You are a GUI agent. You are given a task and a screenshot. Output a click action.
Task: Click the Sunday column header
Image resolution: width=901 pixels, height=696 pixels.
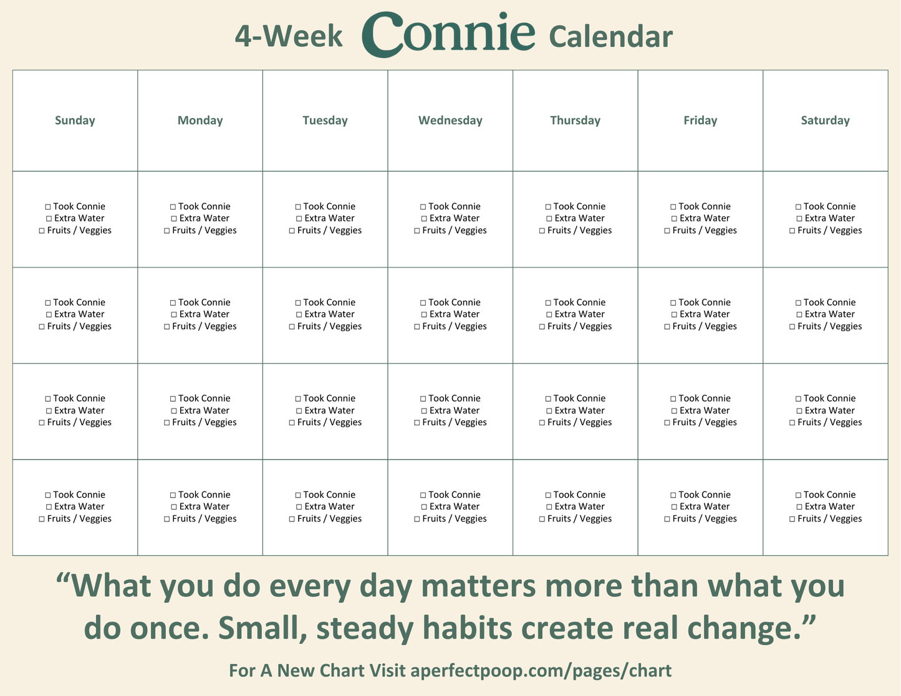[75, 120]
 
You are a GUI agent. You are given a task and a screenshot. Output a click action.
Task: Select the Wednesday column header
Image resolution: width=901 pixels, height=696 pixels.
[450, 120]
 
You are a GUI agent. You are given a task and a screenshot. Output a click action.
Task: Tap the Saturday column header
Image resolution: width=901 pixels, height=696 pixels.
[825, 120]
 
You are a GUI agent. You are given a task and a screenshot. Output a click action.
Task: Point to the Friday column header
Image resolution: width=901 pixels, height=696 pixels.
[700, 120]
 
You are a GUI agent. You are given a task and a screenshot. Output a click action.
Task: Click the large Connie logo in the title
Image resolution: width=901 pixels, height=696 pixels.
[448, 35]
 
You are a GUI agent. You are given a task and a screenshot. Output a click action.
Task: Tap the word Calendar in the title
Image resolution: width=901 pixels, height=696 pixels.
[610, 37]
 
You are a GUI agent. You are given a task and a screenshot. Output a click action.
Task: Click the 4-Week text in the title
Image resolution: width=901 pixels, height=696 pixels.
[289, 36]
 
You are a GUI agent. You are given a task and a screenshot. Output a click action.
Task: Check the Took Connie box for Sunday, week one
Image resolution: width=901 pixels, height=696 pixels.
[48, 207]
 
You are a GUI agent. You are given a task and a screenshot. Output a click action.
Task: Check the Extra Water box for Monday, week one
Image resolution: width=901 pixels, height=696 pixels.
[174, 219]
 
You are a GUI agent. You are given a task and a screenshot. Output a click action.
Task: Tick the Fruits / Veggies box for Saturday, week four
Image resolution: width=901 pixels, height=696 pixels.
[792, 519]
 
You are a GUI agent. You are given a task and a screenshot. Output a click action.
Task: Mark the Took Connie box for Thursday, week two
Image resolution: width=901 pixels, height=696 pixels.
[548, 303]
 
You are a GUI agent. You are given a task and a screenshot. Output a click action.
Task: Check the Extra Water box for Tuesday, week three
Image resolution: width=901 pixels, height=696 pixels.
[299, 411]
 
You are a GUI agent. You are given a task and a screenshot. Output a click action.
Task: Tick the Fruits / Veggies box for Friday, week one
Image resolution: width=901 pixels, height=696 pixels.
[667, 231]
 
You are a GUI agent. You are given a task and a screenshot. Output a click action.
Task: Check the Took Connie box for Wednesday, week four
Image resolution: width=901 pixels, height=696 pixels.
[423, 495]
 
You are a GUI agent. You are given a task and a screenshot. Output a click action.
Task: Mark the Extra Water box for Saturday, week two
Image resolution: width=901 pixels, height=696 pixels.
[799, 315]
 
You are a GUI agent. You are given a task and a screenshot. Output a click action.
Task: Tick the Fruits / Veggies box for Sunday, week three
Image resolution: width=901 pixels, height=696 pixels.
[42, 423]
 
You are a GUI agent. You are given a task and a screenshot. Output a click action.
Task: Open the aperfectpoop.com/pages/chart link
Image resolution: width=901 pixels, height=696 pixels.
[541, 670]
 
